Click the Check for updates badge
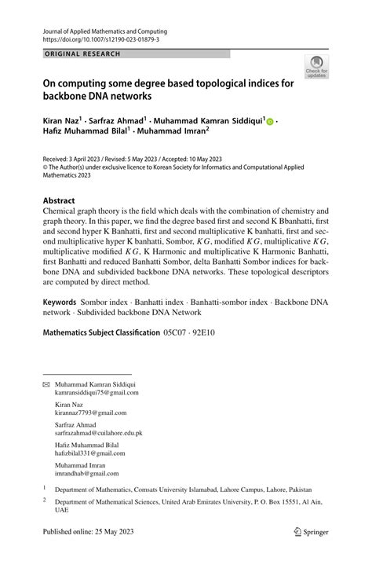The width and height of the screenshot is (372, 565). click(x=316, y=66)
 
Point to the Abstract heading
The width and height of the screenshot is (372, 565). click(x=59, y=200)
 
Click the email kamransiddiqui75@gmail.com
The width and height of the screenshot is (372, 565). click(x=97, y=392)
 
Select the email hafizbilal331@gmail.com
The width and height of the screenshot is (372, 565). click(x=91, y=453)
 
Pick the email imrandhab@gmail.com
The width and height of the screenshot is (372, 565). click(x=86, y=474)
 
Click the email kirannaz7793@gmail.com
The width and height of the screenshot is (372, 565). click(x=90, y=413)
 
